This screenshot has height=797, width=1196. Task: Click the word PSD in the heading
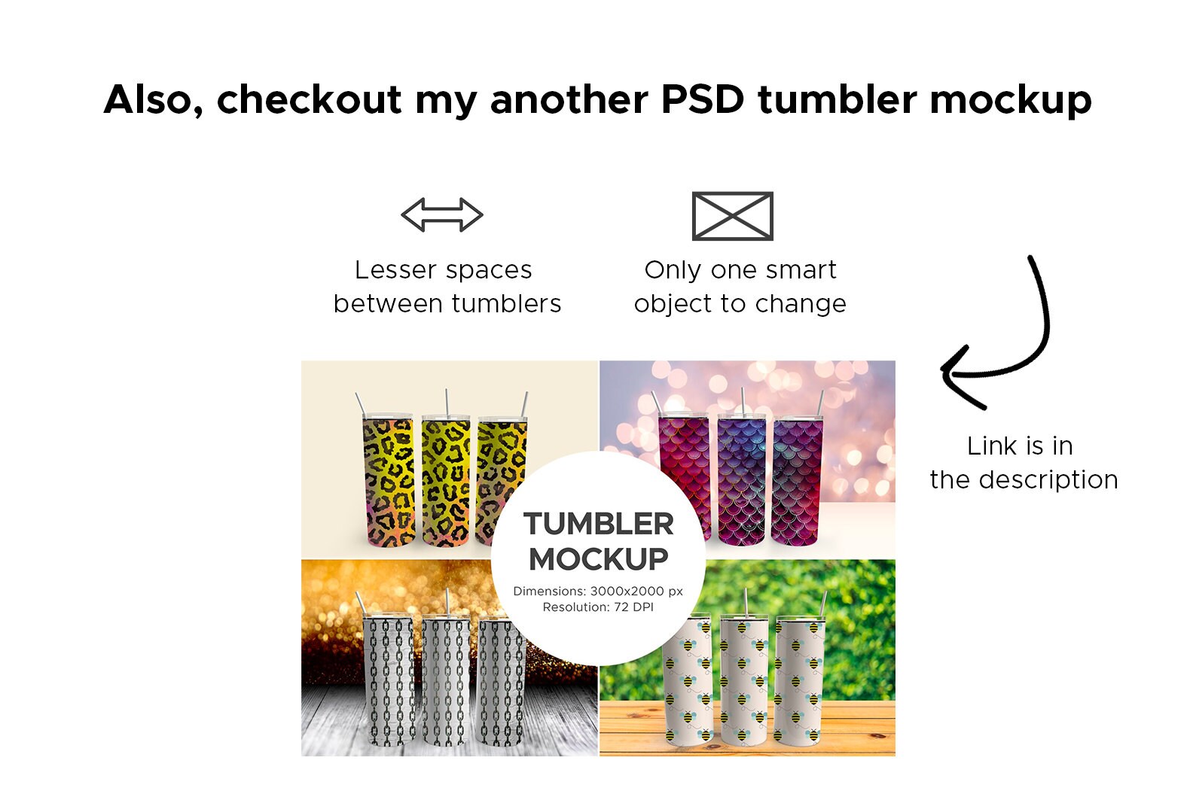coord(703,100)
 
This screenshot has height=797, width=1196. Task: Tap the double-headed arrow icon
coord(442,214)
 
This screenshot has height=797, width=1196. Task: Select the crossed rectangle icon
coord(733,216)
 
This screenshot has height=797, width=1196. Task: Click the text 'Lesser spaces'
coord(443,270)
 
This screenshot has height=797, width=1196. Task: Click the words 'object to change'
coord(740,304)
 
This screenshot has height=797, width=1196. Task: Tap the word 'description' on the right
coord(1049,479)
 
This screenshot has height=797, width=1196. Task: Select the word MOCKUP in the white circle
coord(599,559)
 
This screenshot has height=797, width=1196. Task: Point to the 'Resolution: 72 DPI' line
coord(598,607)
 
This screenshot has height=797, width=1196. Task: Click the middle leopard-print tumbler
coord(446,480)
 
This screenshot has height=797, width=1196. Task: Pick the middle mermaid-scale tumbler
coord(742,480)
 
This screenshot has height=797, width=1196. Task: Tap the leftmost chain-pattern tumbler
coord(388,680)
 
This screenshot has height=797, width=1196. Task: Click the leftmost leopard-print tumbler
coord(388,480)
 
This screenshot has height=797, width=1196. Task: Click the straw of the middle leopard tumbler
coord(447,402)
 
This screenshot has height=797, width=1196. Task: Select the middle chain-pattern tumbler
coord(446,680)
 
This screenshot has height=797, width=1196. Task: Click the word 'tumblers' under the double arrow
coord(507,304)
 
